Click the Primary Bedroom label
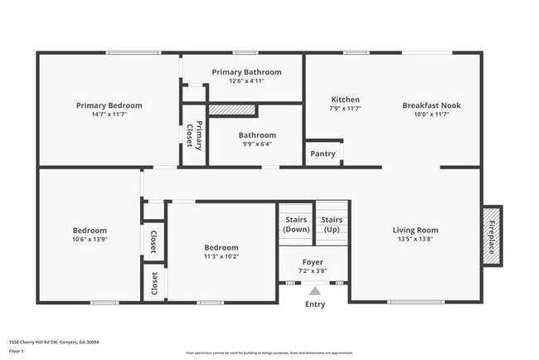coord(109,105)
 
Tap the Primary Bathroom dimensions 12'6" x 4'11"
coord(246,81)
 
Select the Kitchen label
coord(345,100)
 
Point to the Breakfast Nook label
coord(431,105)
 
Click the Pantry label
coord(323,153)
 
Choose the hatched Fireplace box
coord(491,236)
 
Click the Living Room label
coord(415,230)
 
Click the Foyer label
coord(313,262)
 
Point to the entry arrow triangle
coord(314,291)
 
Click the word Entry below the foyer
coord(315,304)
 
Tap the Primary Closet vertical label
coord(194,134)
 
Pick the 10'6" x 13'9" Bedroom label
coord(90,230)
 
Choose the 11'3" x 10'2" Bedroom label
coord(221,247)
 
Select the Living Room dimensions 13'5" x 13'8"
coord(415,239)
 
